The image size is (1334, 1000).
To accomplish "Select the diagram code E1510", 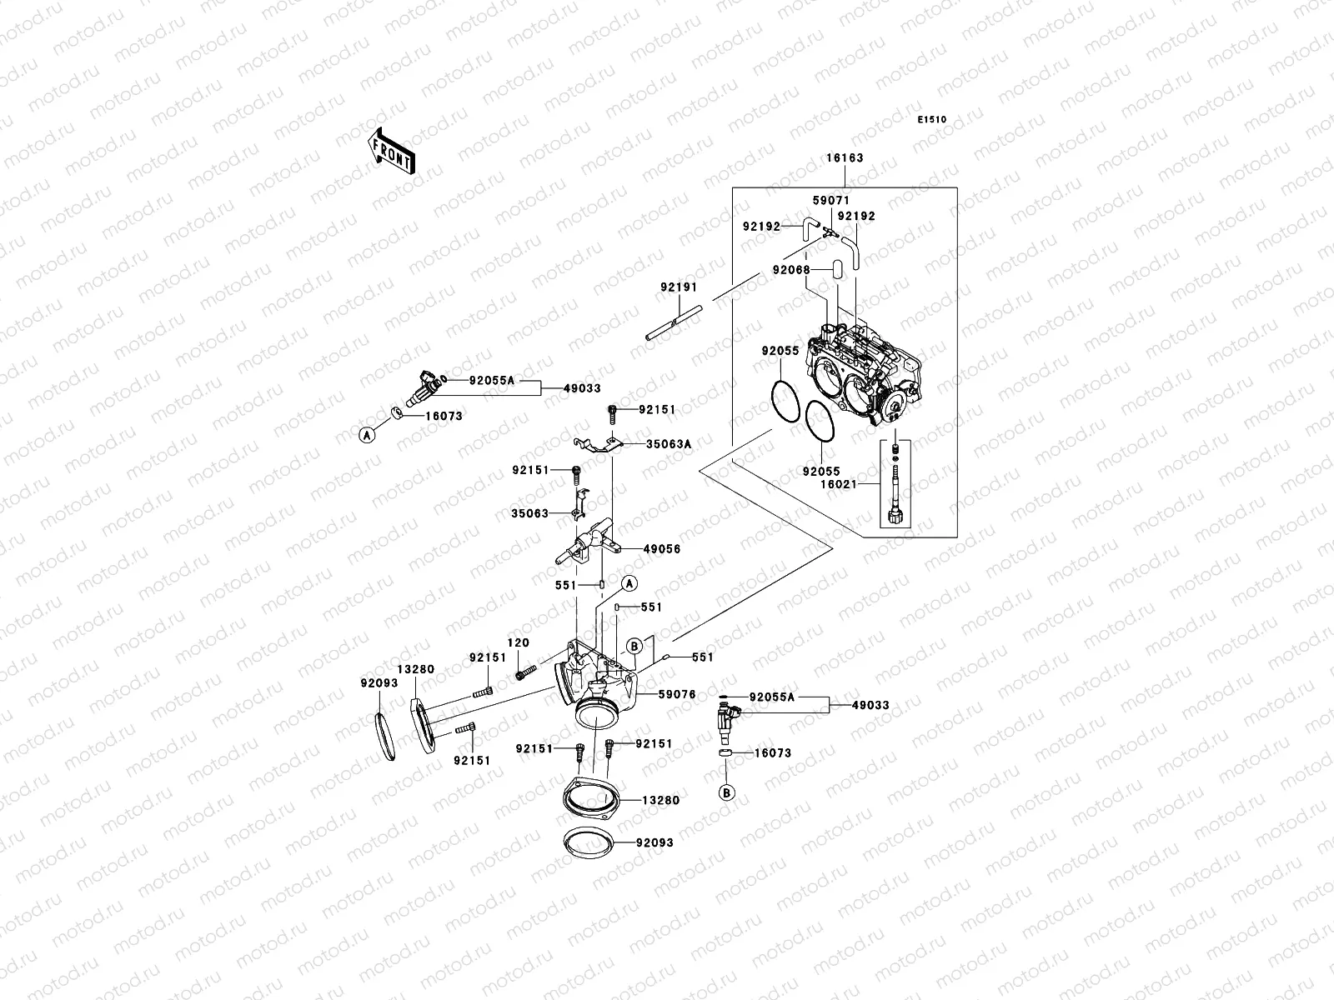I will (x=932, y=120).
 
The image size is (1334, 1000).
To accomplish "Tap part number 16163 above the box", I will (x=845, y=158).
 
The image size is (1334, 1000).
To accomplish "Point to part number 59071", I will (x=830, y=201).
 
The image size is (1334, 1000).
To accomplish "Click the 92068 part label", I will (x=790, y=269).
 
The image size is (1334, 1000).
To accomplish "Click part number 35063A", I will (x=669, y=444).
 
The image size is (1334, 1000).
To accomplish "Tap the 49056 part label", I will (x=662, y=549).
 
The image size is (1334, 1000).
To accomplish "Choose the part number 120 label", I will (x=517, y=642).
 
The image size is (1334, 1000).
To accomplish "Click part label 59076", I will (x=676, y=693).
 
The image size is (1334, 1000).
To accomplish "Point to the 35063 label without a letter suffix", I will (x=530, y=513).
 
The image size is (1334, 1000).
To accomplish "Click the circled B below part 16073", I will (x=727, y=792).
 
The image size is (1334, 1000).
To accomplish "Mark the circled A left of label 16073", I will (x=366, y=434).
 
